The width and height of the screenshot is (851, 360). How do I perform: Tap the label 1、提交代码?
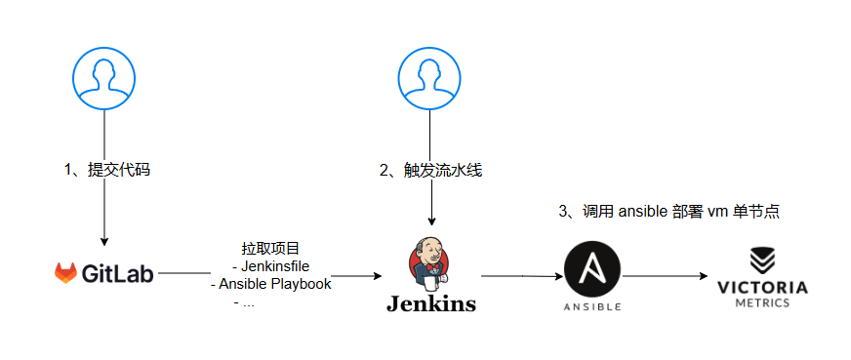(107, 170)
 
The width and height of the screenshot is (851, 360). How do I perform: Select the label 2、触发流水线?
(431, 170)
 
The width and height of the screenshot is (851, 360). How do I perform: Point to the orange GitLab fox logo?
(65, 273)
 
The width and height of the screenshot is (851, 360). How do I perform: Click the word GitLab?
(118, 273)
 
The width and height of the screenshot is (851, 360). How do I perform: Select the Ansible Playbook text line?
(271, 284)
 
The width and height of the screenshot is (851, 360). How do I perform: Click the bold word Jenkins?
(430, 303)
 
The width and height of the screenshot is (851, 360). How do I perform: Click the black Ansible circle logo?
(593, 269)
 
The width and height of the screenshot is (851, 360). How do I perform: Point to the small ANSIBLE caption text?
(593, 307)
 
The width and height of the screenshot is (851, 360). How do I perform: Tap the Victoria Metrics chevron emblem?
(762, 260)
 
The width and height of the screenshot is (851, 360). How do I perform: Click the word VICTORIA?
(762, 287)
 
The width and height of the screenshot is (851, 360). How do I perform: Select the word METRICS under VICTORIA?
(762, 302)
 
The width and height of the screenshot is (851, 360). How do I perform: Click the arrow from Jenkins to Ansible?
(523, 276)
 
